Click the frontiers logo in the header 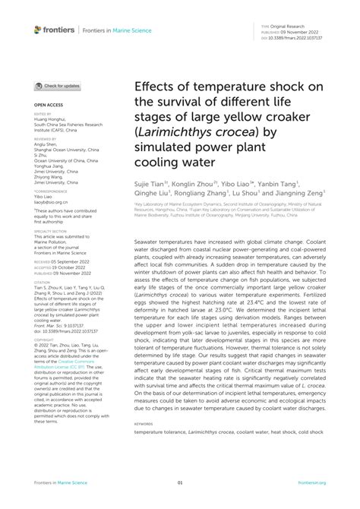click(x=54, y=30)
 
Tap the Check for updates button click(x=58, y=87)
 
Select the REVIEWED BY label click(x=46, y=140)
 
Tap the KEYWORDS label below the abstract click(x=144, y=423)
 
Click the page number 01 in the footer click(x=180, y=482)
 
